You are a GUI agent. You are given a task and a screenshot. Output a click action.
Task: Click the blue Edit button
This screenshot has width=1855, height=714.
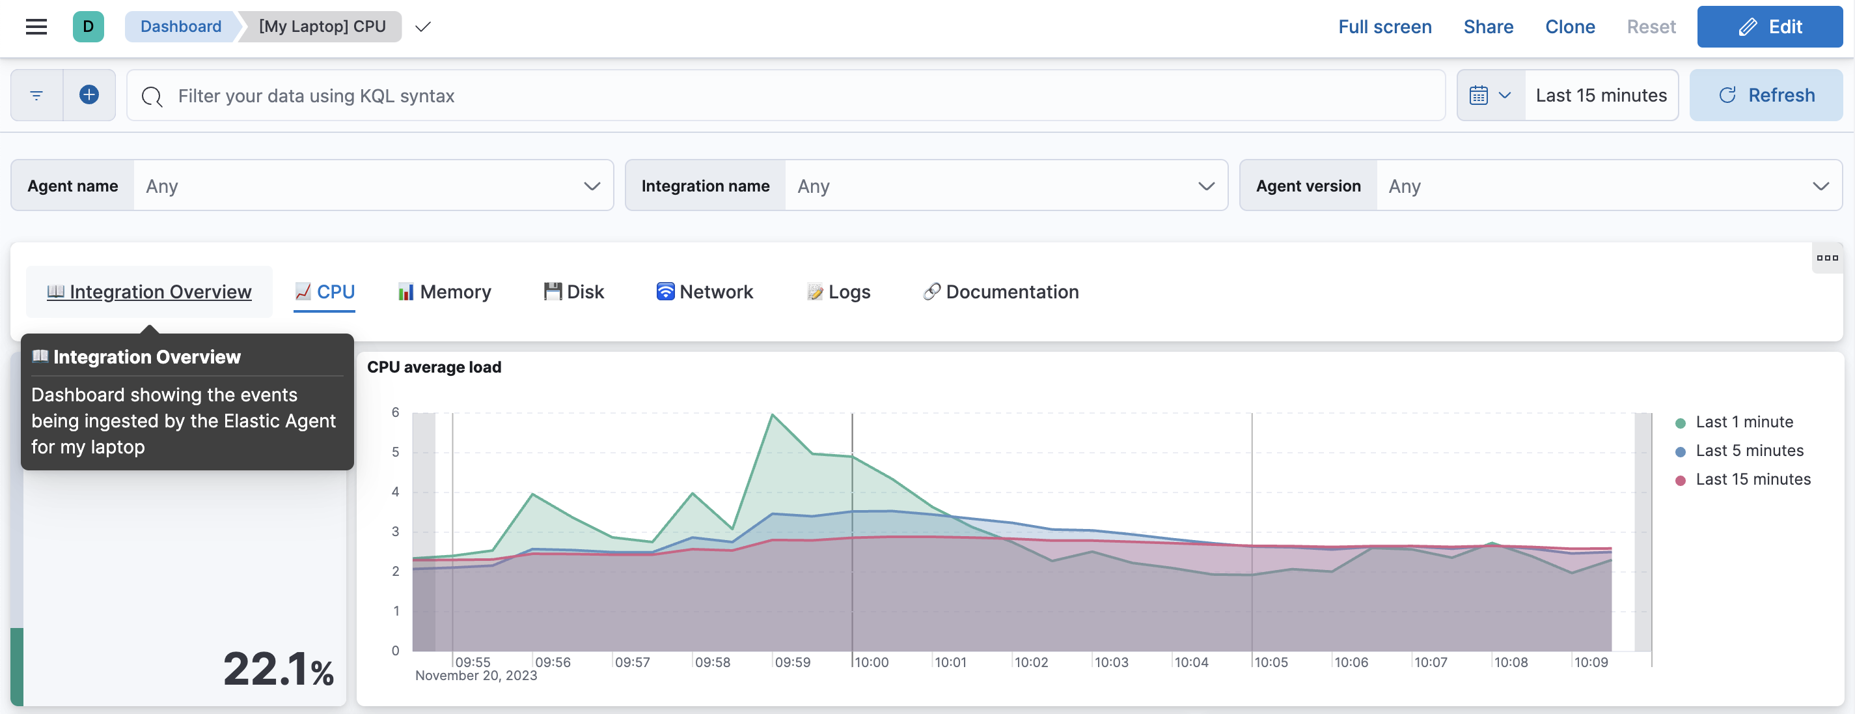1769,27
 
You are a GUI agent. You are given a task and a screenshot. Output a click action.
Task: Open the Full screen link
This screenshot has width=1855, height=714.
1384,27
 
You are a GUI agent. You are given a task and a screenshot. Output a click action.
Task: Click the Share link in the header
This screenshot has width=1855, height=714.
1488,27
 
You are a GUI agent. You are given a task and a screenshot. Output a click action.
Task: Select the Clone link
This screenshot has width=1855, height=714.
1569,27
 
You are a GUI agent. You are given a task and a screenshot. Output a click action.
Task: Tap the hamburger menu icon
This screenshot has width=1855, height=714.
36,27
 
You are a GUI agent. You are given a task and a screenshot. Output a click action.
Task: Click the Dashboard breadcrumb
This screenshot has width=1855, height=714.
181,27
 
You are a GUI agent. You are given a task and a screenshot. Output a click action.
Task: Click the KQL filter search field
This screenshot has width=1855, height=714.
792,95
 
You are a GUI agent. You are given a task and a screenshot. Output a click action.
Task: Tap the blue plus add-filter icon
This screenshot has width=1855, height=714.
89,95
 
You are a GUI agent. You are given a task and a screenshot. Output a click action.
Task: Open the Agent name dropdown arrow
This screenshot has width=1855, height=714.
591,186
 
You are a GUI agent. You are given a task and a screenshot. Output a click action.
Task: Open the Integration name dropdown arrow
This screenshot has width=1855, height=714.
1205,186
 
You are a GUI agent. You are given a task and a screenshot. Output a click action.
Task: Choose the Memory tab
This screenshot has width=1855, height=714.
445,292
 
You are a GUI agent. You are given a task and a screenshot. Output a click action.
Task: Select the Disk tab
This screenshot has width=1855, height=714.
574,292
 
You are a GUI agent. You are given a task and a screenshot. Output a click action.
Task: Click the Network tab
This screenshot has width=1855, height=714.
704,292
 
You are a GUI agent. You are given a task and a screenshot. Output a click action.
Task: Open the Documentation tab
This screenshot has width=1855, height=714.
1001,292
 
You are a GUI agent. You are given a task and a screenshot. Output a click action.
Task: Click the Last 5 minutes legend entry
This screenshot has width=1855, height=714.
1748,451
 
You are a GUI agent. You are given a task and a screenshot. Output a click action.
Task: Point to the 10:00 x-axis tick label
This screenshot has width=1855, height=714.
872,662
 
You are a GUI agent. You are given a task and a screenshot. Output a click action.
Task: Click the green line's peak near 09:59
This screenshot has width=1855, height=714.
772,414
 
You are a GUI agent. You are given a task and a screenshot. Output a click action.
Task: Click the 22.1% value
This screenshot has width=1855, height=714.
278,669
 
